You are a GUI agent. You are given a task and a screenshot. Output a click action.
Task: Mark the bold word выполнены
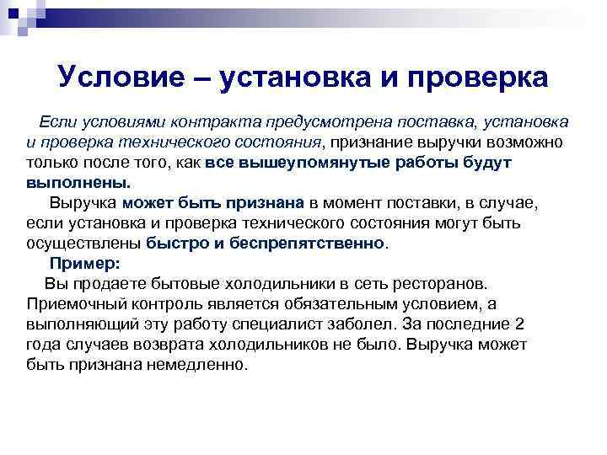click(x=78, y=182)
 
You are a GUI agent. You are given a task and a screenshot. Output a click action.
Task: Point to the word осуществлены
click(x=83, y=244)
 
